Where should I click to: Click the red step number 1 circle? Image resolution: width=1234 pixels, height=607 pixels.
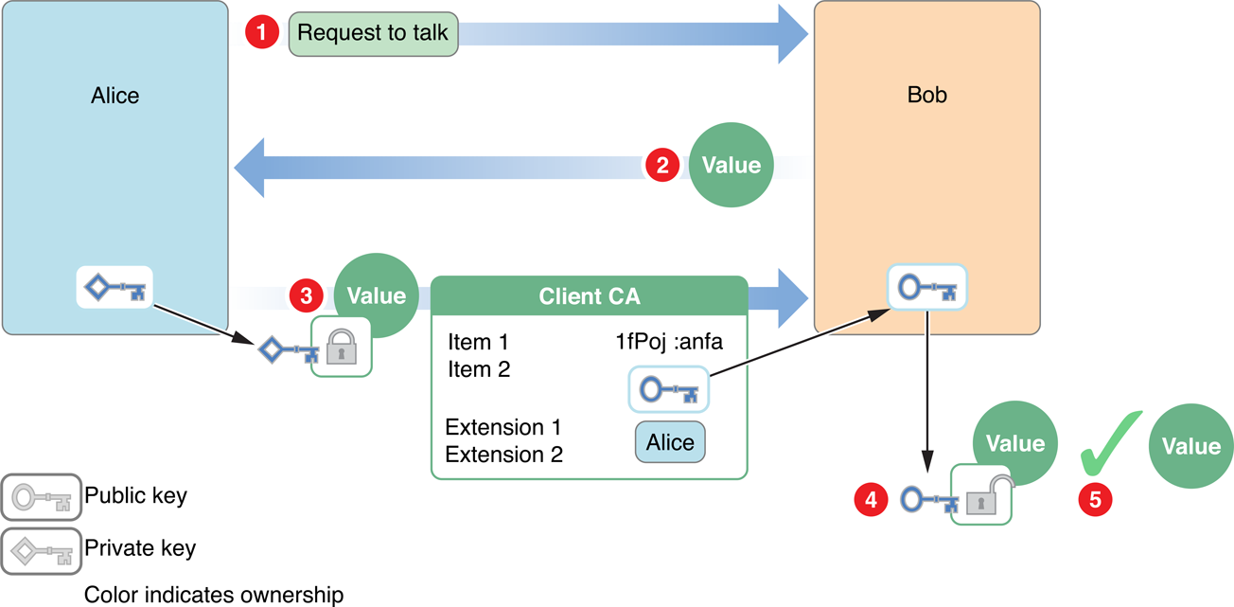tap(262, 33)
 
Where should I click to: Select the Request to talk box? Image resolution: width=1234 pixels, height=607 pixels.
tap(373, 33)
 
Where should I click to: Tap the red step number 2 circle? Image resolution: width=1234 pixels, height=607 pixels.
tap(661, 165)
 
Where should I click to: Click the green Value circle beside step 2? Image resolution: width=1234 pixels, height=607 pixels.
tap(731, 165)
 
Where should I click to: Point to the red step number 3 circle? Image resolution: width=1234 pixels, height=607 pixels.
tap(306, 295)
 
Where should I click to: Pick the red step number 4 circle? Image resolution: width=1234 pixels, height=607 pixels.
tap(871, 498)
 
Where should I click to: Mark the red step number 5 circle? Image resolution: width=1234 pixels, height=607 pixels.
tap(1096, 499)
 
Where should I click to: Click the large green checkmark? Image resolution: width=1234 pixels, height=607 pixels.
tap(1113, 442)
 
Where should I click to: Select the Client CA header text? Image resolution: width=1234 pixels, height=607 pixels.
tap(589, 296)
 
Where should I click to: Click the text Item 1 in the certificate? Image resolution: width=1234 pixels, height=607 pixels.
tap(478, 343)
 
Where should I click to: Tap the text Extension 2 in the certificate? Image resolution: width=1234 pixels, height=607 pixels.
tap(503, 454)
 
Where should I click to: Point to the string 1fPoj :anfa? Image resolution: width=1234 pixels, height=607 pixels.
tap(668, 343)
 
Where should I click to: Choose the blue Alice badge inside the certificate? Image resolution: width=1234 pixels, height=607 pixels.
tap(669, 442)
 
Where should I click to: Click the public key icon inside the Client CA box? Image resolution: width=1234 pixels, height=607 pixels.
tap(668, 389)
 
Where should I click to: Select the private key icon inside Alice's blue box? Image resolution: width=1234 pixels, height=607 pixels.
tap(114, 287)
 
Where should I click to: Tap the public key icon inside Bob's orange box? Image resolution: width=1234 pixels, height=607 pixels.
tap(926, 286)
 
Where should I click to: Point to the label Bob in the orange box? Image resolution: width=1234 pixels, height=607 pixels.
tap(926, 96)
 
